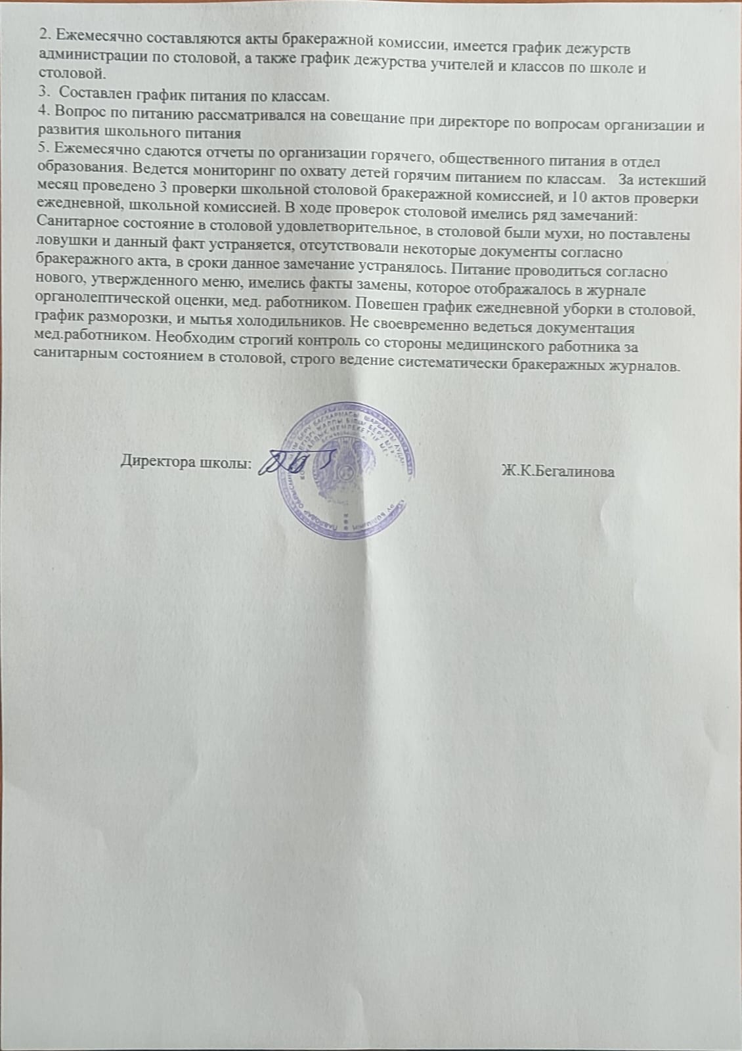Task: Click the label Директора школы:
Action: pos(186,462)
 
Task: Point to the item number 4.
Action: pos(43,114)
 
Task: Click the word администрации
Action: pos(85,55)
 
